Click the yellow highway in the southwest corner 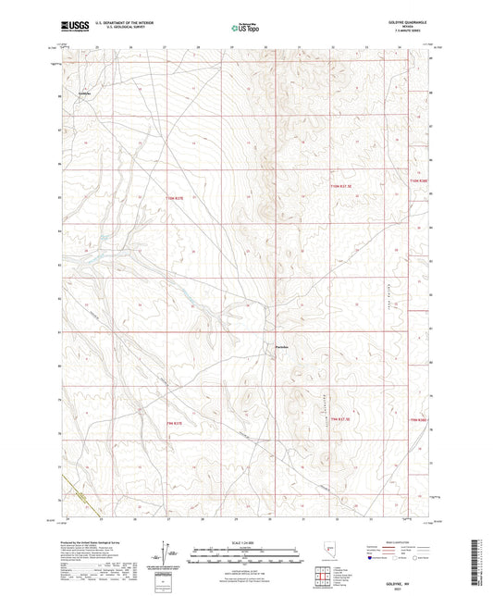[x=78, y=496]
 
